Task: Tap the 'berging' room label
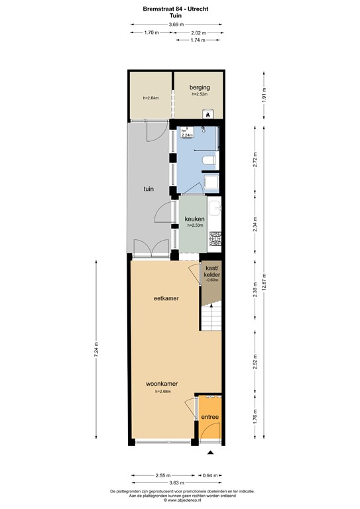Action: tap(200, 87)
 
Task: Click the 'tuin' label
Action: tap(149, 189)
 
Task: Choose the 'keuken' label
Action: tap(194, 219)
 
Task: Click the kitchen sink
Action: tap(214, 211)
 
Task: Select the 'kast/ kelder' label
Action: tap(212, 272)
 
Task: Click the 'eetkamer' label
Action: tap(166, 298)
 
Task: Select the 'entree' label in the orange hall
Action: tap(210, 417)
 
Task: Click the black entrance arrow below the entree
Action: tap(211, 453)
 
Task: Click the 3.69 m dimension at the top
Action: tap(176, 25)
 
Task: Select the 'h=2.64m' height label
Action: tap(150, 99)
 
